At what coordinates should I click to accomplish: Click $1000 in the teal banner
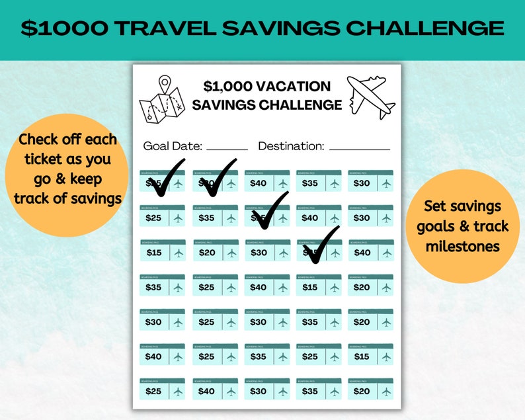point(63,28)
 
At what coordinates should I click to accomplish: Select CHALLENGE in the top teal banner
point(425,28)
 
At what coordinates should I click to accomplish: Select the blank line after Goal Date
point(227,149)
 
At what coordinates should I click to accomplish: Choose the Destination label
point(291,146)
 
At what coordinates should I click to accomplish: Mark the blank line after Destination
point(359,149)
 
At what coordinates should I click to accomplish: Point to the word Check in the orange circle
point(41,140)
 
